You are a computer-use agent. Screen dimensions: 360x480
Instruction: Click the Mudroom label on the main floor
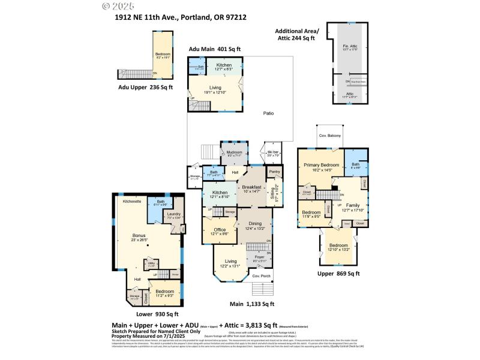coord(235,153)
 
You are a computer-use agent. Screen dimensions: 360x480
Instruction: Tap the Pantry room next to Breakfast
coord(275,172)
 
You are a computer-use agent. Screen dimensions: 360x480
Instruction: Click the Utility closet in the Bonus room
coord(151,264)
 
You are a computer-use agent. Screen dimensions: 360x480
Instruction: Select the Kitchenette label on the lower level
coord(132,202)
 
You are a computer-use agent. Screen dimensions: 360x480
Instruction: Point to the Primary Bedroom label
coord(321,166)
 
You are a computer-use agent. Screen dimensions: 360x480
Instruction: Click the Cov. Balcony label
coord(329,136)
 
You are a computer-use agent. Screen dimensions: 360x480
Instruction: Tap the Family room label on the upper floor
coord(353,206)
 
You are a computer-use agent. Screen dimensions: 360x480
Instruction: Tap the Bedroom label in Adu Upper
coord(163,55)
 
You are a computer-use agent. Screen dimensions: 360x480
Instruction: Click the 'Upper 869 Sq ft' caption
coord(338,274)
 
